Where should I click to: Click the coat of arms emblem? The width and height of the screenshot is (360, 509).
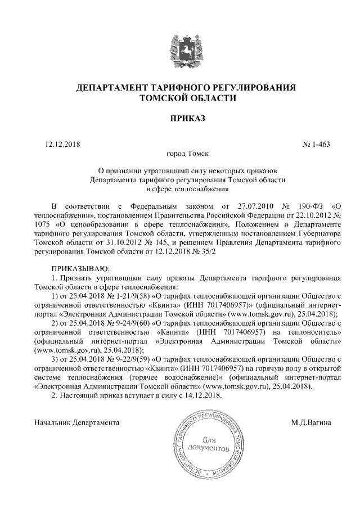click(x=180, y=50)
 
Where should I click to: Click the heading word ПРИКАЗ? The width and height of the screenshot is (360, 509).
click(x=180, y=118)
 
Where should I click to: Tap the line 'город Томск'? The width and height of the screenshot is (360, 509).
click(x=180, y=154)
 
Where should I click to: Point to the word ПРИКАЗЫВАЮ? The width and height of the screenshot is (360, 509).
click(x=81, y=268)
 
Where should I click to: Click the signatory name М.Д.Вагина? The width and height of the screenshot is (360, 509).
click(x=310, y=421)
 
